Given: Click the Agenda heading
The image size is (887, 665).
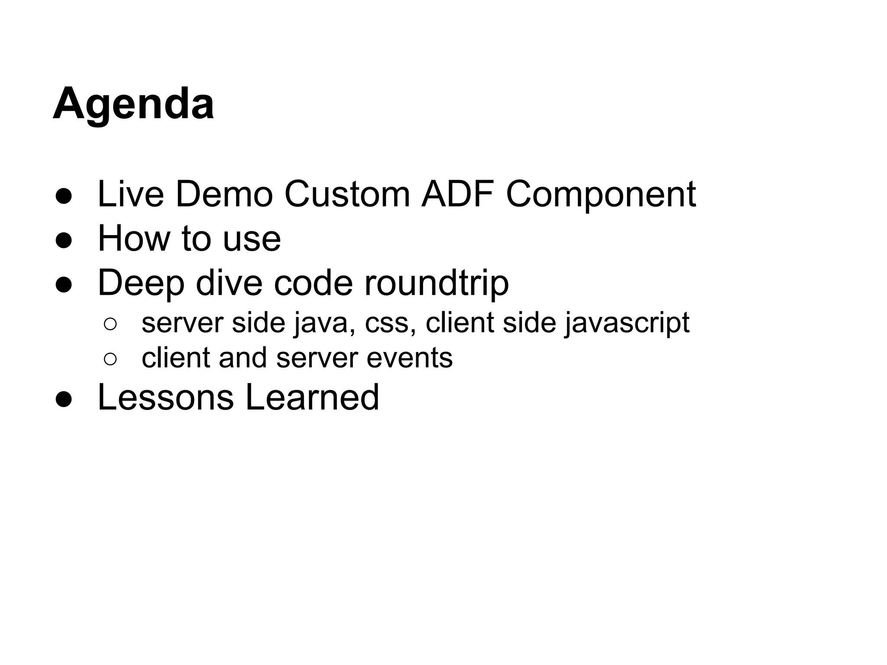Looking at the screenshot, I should click(133, 104).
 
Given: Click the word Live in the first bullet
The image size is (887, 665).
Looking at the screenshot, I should click(130, 194).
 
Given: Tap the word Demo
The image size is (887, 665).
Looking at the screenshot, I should click(224, 194).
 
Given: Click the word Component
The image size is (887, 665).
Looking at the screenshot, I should click(601, 194).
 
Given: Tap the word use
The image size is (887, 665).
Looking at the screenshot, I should click(252, 239).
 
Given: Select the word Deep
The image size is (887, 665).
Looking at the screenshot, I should click(141, 283).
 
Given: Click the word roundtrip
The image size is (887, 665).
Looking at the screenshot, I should click(437, 283).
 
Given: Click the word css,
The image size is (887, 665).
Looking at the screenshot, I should click(391, 324).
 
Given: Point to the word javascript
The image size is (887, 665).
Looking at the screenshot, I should click(627, 323).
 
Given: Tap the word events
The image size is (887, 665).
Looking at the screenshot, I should click(409, 358).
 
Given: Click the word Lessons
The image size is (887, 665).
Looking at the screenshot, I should click(165, 397).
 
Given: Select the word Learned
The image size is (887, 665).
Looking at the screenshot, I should click(312, 397).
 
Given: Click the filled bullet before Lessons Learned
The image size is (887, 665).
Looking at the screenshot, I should click(64, 400).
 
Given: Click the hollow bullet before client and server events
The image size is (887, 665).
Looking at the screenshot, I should click(110, 359).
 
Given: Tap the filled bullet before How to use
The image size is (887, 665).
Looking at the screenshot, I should click(64, 241).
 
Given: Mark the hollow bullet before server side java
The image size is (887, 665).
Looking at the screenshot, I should click(110, 324).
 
